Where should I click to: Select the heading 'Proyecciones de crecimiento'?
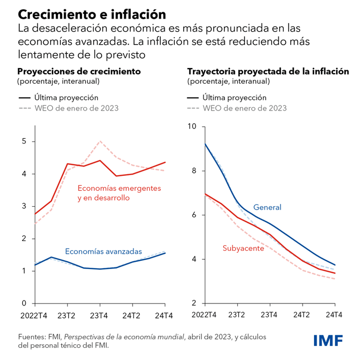click(x=79, y=71)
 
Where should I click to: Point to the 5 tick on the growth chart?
click(x=25, y=141)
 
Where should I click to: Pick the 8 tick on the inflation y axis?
click(x=195, y=171)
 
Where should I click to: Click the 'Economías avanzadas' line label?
click(x=103, y=252)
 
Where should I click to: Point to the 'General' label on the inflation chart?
click(x=267, y=207)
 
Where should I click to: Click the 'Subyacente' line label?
click(x=243, y=248)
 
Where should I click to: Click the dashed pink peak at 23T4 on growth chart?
click(x=100, y=141)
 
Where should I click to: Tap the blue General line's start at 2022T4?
click(x=205, y=144)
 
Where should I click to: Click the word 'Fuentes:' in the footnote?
click(x=32, y=337)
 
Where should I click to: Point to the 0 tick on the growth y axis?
click(x=25, y=303)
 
